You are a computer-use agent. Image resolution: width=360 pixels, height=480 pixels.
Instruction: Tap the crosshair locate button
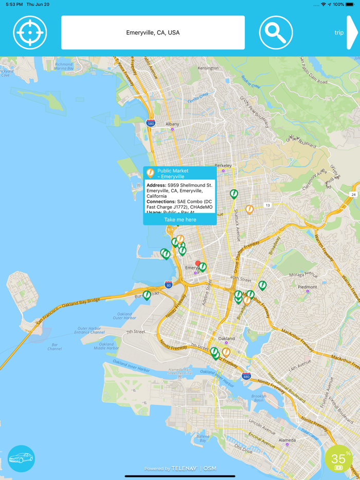(x=30, y=32)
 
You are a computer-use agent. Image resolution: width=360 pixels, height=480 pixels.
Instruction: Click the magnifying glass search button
(x=276, y=32)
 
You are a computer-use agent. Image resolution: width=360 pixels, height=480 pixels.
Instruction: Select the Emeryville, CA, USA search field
(x=153, y=32)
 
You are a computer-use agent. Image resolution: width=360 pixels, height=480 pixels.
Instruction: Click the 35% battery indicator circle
(x=340, y=458)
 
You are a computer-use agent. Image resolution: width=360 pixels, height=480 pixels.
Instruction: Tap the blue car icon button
(x=21, y=458)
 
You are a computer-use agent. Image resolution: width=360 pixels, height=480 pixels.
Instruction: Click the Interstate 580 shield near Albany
(x=150, y=123)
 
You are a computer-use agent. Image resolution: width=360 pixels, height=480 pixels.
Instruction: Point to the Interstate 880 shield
(x=246, y=376)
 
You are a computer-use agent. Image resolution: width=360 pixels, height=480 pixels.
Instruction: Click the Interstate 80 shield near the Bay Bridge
(x=168, y=285)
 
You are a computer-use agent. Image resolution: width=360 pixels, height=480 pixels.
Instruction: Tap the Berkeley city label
(x=223, y=165)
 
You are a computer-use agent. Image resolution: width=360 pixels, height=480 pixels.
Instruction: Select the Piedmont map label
(x=308, y=287)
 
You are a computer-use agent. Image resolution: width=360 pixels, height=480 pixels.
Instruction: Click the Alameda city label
(x=287, y=440)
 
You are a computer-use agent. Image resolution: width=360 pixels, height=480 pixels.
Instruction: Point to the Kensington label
(x=208, y=68)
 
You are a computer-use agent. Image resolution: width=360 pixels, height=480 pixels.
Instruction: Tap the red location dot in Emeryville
(x=198, y=263)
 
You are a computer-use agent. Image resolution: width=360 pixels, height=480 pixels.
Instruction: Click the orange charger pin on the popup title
(x=150, y=173)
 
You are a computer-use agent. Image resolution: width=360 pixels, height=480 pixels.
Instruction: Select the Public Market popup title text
(x=173, y=173)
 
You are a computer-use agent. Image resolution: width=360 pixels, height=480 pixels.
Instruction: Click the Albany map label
(x=172, y=124)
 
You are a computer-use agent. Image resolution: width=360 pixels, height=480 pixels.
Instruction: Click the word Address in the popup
(x=156, y=185)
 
